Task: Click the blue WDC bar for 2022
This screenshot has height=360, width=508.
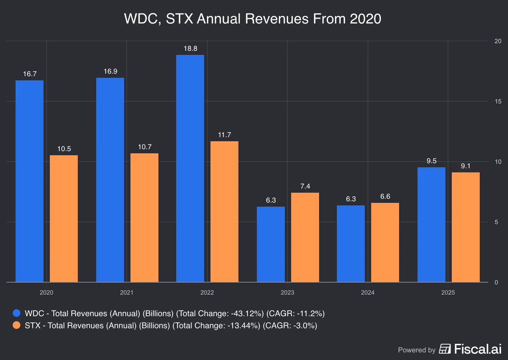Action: tap(190, 168)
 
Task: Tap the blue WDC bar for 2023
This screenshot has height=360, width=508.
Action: tap(271, 244)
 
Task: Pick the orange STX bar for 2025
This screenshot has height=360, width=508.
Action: tap(465, 227)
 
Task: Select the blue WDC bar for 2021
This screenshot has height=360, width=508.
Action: tap(110, 180)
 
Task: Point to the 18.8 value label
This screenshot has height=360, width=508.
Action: tap(190, 49)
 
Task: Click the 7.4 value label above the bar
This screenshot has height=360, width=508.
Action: tap(305, 186)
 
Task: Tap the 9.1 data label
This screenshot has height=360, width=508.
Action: tap(465, 166)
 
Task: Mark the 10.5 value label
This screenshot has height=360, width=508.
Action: tap(64, 149)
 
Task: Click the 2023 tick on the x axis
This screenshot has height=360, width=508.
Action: tap(287, 292)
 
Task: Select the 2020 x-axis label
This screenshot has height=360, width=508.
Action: tap(46, 292)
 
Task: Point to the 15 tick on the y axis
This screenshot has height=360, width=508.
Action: tap(498, 101)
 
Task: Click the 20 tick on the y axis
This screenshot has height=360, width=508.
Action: tap(498, 41)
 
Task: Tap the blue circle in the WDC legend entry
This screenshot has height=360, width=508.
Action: tap(17, 313)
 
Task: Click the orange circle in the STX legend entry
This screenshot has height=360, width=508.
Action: tap(17, 325)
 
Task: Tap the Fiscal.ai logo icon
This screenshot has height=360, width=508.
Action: tap(445, 349)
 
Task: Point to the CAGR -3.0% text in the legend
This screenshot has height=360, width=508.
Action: tap(290, 325)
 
